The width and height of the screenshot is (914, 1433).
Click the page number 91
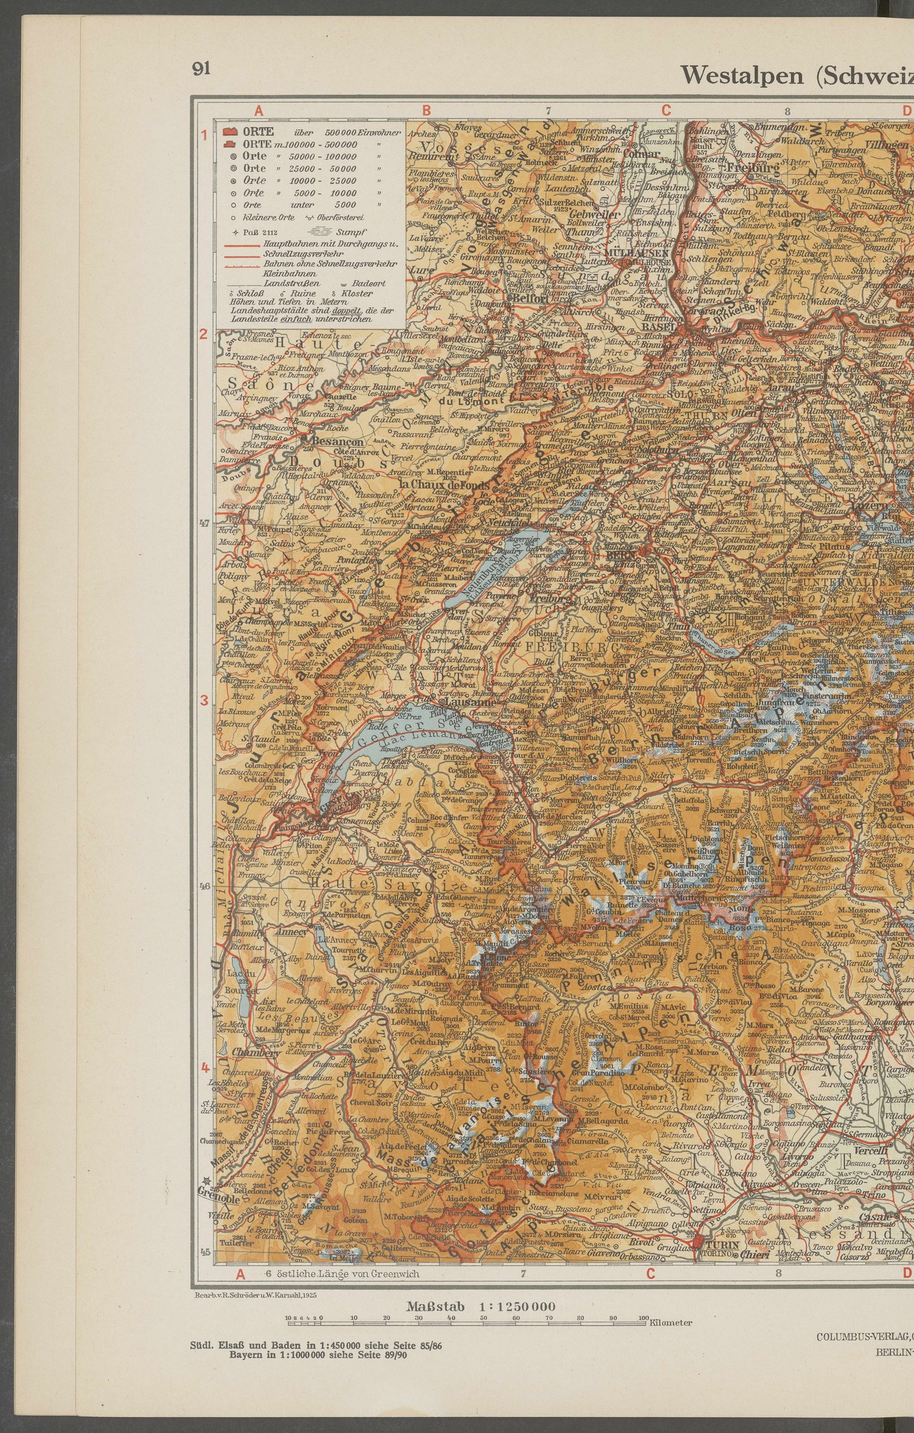pyautogui.click(x=201, y=69)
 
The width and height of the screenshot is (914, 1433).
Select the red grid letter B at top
pyautogui.click(x=427, y=111)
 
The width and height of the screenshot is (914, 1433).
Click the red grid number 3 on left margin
pyautogui.click(x=205, y=701)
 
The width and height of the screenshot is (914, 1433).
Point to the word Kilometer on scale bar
pyautogui.click(x=671, y=1322)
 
